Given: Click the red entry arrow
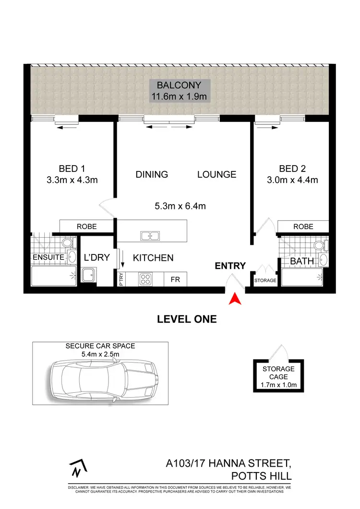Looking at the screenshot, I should coord(235,299).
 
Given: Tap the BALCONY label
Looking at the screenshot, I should coord(179,86).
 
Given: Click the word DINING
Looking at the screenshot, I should coord(152,174).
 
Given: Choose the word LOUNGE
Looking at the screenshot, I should coord(216,174).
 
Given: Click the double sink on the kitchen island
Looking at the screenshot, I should coord(151,235).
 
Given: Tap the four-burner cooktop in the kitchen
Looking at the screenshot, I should coord(145,279).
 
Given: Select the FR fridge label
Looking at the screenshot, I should coord(175,279).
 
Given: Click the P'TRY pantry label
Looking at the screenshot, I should coord(120,279).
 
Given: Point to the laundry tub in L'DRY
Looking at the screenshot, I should coord(88,275).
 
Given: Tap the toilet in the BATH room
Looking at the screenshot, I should coord(319,245).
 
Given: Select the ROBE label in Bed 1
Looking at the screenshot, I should coord(86,226).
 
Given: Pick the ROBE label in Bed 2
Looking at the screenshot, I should coord(303,226).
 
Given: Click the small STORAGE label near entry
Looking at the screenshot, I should coord(265,280).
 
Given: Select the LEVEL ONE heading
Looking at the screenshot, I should coord(187,319).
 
